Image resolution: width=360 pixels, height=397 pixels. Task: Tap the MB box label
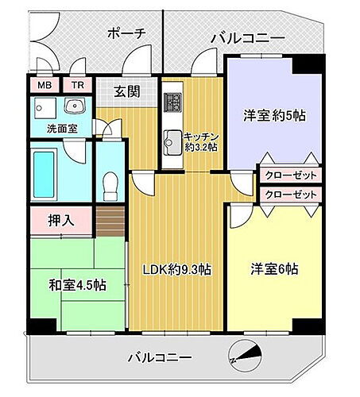click(41, 85)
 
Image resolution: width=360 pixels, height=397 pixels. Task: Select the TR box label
click(78, 85)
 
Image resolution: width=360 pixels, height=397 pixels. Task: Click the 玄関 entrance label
click(126, 91)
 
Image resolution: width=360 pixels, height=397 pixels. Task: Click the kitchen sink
click(172, 142)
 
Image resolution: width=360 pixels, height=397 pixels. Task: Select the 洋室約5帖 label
click(274, 114)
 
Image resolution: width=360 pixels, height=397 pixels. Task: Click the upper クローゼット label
click(290, 175)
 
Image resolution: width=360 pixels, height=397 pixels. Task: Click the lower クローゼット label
click(290, 194)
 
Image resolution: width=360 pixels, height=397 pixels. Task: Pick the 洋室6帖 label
click(271, 269)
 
